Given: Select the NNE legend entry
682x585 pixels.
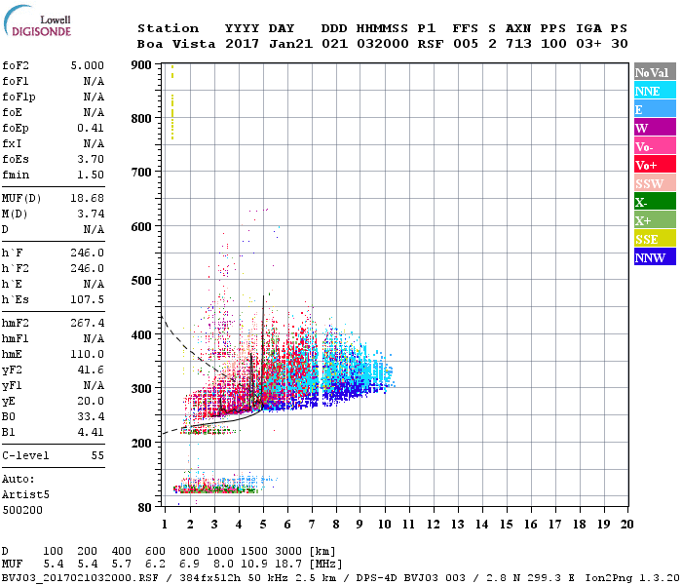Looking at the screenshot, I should [648, 91].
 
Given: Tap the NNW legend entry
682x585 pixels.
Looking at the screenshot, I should [650, 257].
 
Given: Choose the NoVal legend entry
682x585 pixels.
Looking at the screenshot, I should [651, 72].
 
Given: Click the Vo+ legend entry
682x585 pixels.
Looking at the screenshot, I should [647, 165].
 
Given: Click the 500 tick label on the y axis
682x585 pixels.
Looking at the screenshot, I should [141, 281].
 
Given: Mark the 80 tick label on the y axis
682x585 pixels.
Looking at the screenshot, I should [144, 507].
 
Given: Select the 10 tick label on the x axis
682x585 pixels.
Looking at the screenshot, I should [384, 524].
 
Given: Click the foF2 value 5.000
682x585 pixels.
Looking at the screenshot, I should [87, 65].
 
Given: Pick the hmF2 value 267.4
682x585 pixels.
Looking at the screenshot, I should [87, 323].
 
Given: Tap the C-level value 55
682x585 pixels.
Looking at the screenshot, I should [97, 455].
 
